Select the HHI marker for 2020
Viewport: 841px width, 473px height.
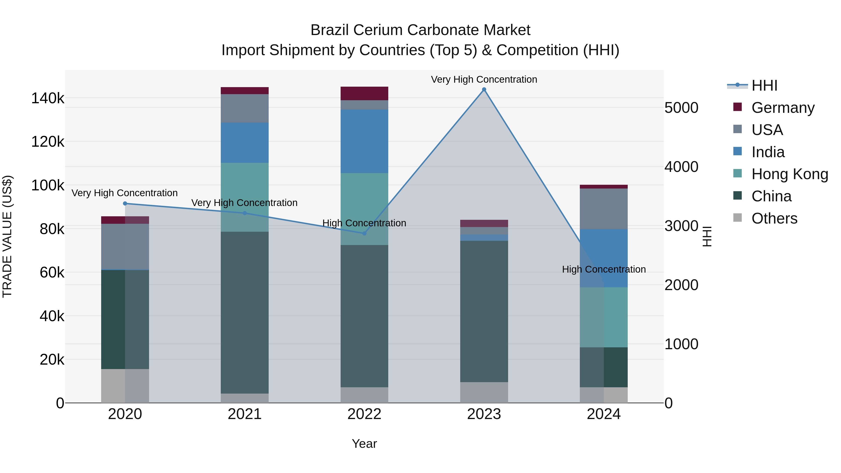(125, 203)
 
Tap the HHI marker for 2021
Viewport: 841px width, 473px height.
(245, 213)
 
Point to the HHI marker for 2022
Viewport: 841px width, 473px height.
(364, 233)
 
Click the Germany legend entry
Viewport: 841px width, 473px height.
(783, 108)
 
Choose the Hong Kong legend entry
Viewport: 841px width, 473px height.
(789, 174)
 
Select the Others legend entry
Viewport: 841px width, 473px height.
(774, 218)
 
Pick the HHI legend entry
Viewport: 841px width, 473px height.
(764, 85)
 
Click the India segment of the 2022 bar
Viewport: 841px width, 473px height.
(364, 141)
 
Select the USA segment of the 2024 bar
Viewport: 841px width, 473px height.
(604, 209)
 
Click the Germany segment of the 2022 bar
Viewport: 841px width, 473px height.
(364, 93)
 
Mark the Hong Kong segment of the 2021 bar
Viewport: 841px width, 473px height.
(245, 197)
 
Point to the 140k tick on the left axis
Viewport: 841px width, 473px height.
(48, 98)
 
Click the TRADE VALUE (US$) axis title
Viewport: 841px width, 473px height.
(7, 236)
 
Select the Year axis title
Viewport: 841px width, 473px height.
(364, 444)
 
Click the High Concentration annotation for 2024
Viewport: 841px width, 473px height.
(604, 269)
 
